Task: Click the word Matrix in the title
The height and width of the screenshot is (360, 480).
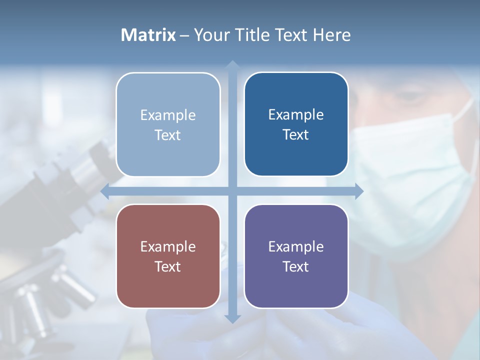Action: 148,35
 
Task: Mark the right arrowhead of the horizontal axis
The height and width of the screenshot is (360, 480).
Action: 358,191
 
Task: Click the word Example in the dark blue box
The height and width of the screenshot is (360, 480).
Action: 296,114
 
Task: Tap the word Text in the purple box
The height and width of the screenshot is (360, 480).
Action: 296,266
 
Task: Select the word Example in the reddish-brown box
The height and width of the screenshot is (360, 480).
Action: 168,246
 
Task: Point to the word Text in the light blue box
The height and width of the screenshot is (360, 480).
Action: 168,135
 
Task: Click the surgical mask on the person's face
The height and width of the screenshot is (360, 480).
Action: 410,170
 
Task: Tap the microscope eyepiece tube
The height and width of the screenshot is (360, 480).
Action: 85,165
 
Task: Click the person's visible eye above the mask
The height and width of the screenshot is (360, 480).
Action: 407,97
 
